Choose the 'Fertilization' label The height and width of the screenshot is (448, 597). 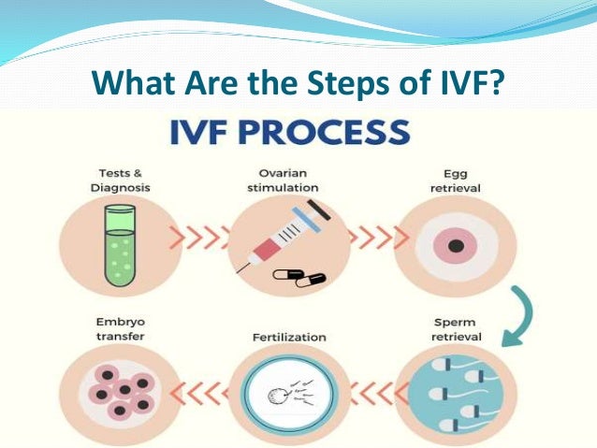pos(288,336)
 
